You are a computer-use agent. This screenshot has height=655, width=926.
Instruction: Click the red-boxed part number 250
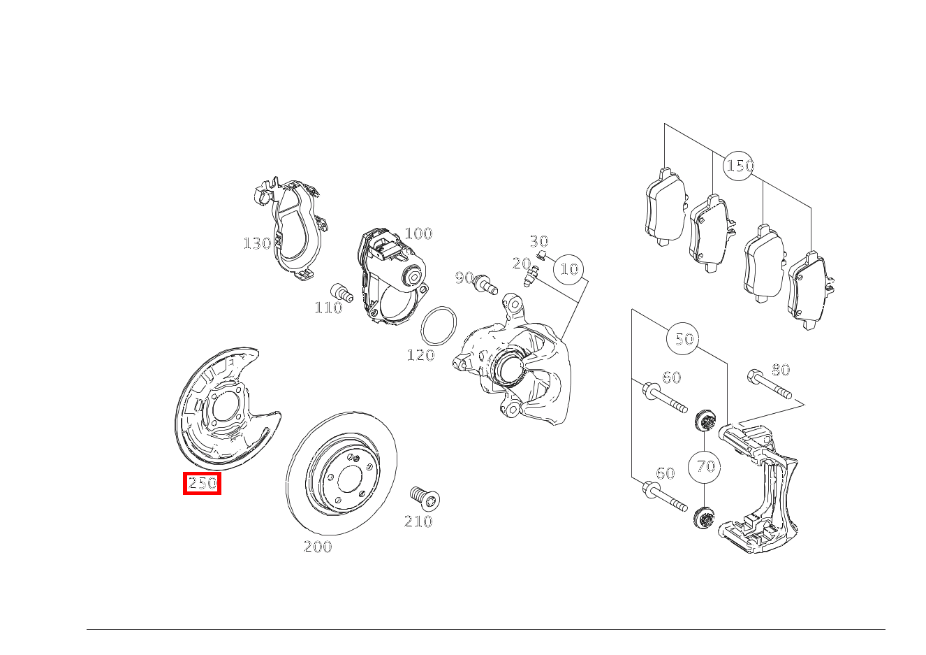coord(202,483)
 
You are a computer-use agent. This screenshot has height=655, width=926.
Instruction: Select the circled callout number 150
coord(739,166)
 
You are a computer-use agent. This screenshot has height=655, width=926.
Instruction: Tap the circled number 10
coord(569,269)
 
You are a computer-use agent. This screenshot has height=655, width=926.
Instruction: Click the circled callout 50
coord(683,339)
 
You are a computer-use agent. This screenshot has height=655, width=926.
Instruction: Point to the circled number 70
coord(704,467)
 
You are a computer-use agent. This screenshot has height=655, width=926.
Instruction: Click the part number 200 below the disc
coord(318,547)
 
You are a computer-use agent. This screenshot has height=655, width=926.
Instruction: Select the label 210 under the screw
coord(418,521)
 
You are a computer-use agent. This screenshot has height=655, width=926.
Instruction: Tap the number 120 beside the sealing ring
coord(420,355)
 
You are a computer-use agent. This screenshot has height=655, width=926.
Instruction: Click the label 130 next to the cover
coord(257,243)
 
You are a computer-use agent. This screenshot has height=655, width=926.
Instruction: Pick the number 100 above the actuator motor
coord(418,233)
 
